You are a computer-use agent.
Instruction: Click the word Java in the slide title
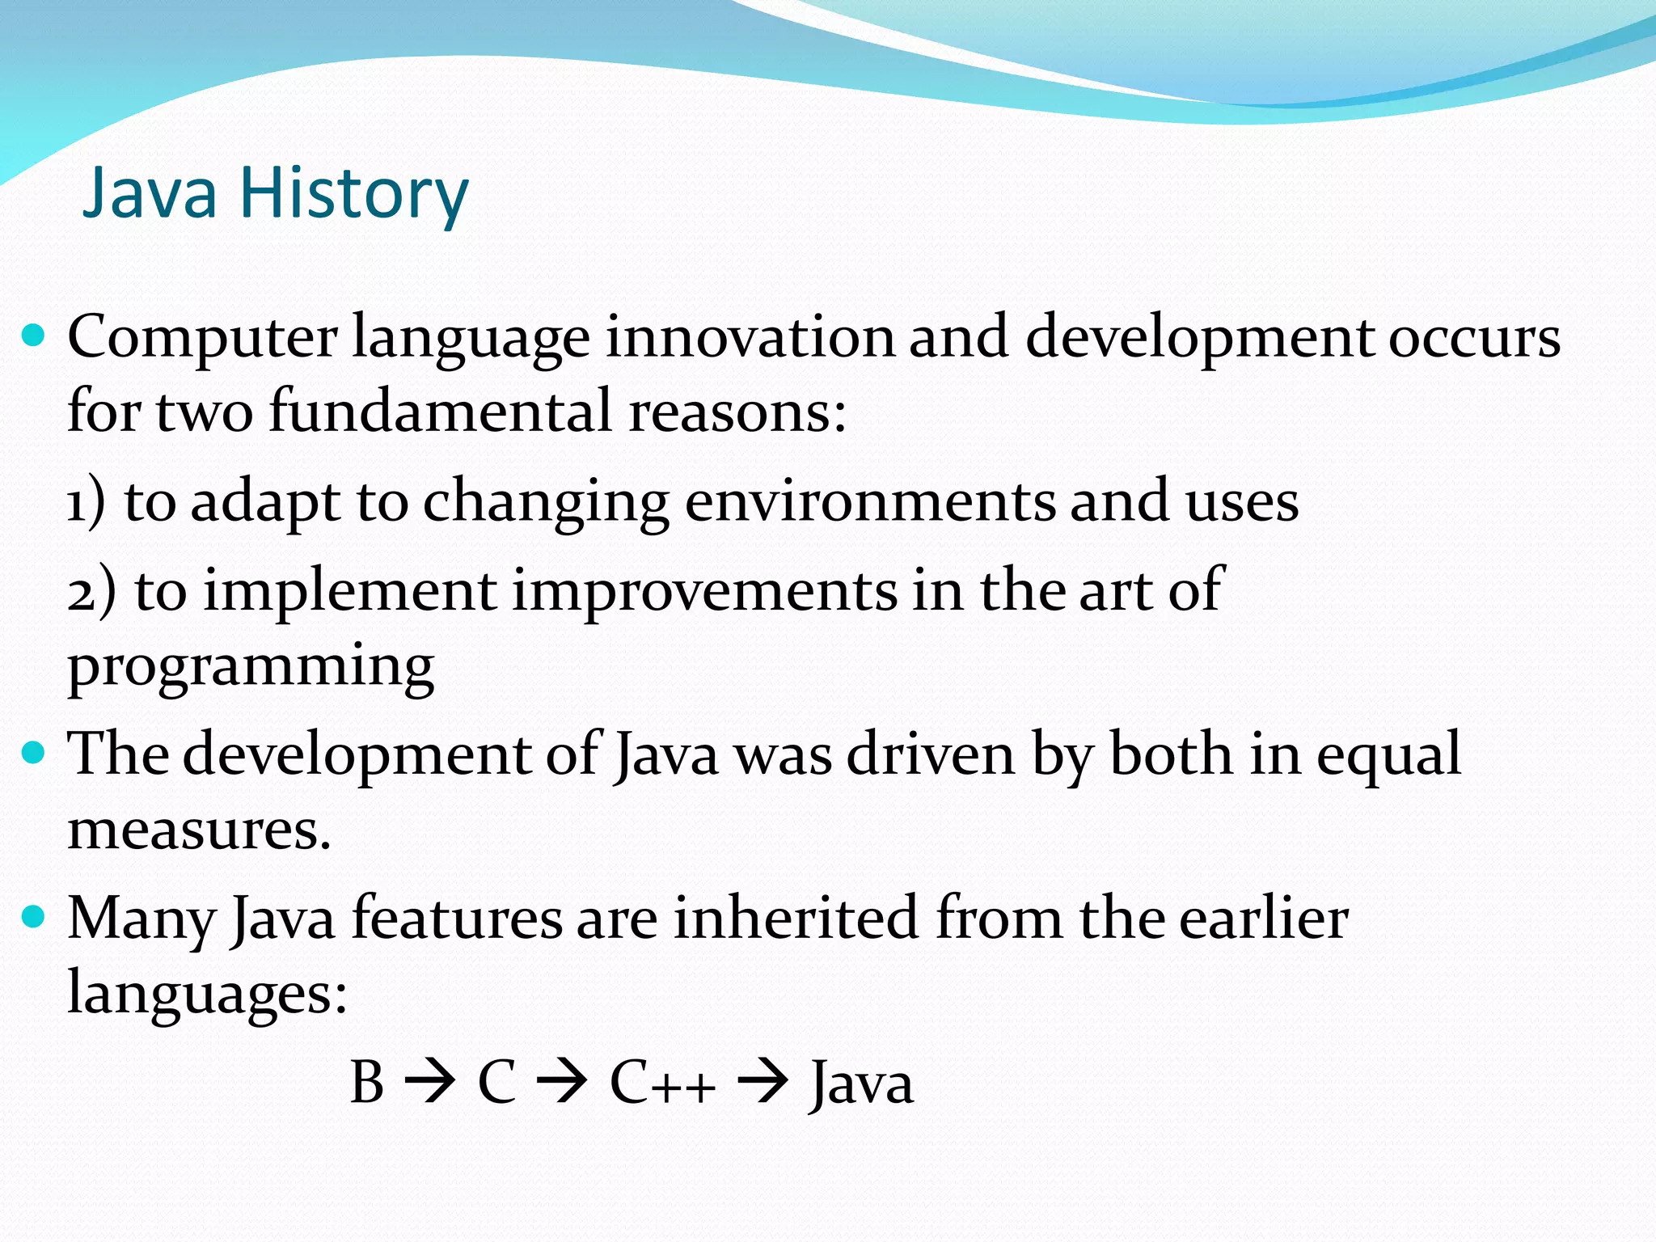coord(150,194)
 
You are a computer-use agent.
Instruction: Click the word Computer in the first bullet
coord(202,338)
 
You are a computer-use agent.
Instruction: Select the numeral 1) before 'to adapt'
coord(86,503)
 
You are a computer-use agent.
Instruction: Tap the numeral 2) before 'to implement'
coord(91,592)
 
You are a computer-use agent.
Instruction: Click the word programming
coord(251,668)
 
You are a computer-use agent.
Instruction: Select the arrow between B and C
coord(429,1082)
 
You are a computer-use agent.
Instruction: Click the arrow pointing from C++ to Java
coord(763,1082)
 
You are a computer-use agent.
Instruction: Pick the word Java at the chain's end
coord(862,1084)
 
